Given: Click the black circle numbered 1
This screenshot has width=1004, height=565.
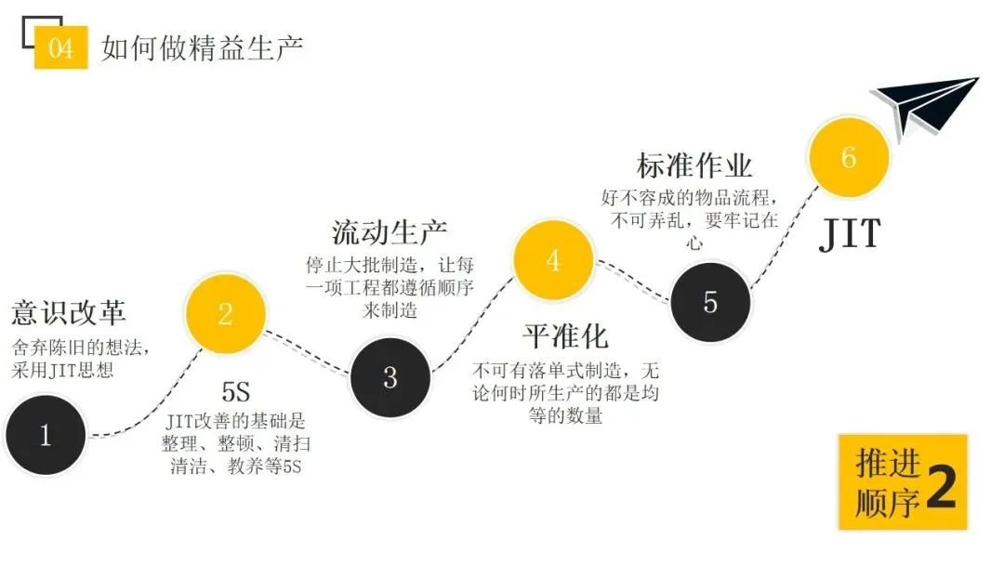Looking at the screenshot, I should (46, 435).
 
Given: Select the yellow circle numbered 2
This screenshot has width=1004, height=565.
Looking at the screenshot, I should (226, 313).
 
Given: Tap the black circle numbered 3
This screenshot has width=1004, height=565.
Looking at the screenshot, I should (390, 376).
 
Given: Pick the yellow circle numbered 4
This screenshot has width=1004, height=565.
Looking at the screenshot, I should (553, 260).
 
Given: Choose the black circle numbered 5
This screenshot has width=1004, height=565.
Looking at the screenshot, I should (710, 302).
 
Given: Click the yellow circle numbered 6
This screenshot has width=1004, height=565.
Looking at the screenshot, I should (849, 157).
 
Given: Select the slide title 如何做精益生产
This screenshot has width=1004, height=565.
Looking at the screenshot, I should (202, 47).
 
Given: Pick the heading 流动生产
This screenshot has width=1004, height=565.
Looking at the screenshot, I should (390, 231).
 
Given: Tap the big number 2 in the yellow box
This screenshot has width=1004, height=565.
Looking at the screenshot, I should (940, 490).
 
